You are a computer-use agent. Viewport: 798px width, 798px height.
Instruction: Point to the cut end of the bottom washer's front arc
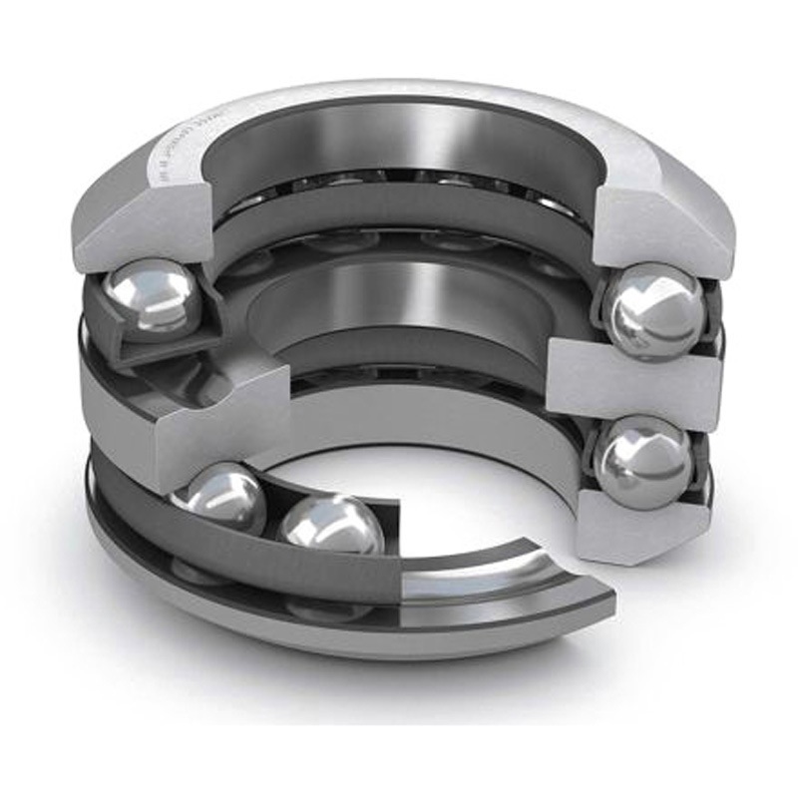coord(589,598)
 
